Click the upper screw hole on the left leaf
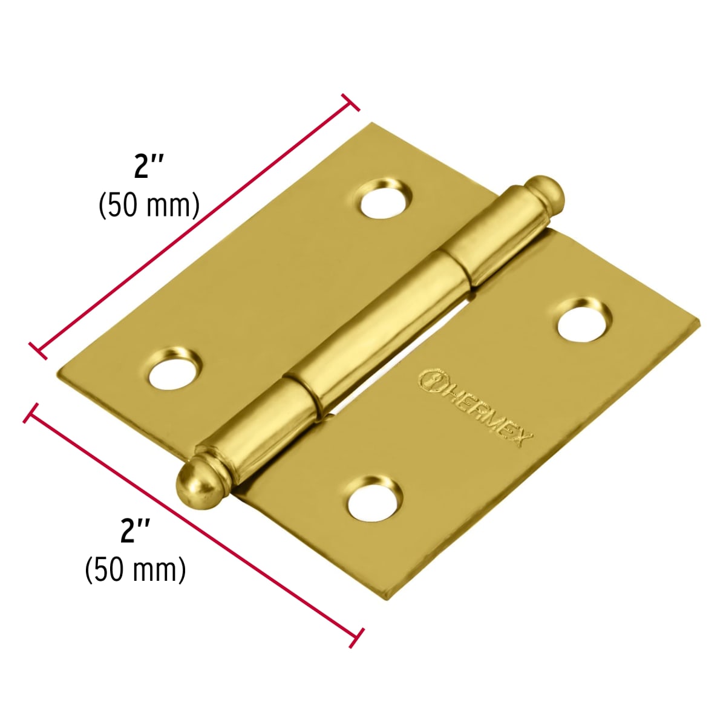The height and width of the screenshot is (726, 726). pos(385,200)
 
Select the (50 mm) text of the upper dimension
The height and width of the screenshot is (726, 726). pos(149,206)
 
